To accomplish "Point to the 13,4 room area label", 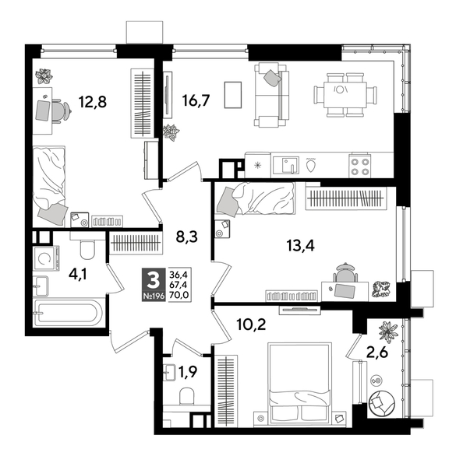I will tap(301, 247).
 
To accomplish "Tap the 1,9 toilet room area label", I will tap(188, 372).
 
